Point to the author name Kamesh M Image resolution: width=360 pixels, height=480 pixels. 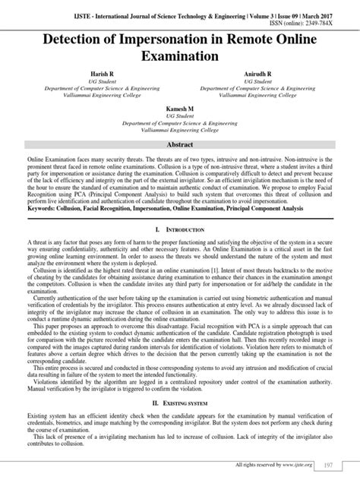tap(180, 108)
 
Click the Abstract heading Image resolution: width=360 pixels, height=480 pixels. tap(180, 144)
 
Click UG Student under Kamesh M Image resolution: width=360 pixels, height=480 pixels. tap(180, 115)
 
